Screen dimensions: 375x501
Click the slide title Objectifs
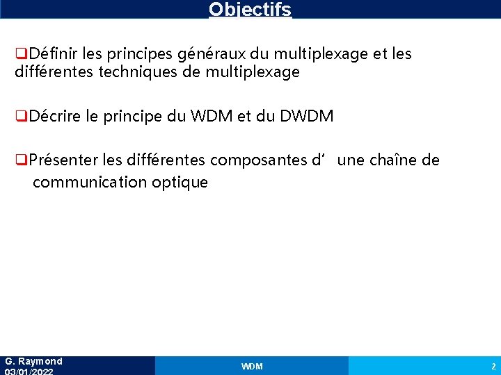pyautogui.click(x=250, y=10)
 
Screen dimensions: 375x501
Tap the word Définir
pyautogui.click(x=54, y=53)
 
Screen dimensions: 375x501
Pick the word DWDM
pyautogui.click(x=306, y=116)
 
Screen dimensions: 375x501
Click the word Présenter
pyautogui.click(x=64, y=160)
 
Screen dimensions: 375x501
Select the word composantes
pyautogui.click(x=259, y=160)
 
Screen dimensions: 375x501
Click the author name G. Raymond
pyautogui.click(x=33, y=361)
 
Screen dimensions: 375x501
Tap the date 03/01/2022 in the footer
pyautogui.click(x=29, y=372)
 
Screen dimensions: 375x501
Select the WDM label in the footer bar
pyautogui.click(x=252, y=366)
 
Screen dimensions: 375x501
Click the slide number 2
pyautogui.click(x=493, y=366)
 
